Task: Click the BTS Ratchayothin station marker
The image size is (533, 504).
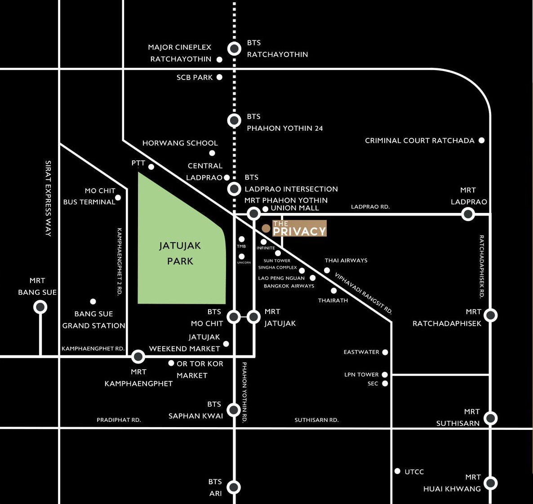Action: pyautogui.click(x=234, y=49)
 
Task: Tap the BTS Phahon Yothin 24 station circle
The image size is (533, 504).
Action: pyautogui.click(x=234, y=120)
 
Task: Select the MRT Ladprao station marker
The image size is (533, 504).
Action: pyautogui.click(x=468, y=214)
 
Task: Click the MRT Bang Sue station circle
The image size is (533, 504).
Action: pyautogui.click(x=40, y=307)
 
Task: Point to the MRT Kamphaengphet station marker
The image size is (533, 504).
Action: pyautogui.click(x=138, y=357)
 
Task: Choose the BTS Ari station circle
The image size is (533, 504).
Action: pyautogui.click(x=234, y=487)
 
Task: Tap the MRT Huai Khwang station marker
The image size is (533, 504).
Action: pyautogui.click(x=490, y=483)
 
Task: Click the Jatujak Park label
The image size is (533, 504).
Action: pyautogui.click(x=180, y=253)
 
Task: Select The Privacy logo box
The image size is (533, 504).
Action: pyautogui.click(x=299, y=228)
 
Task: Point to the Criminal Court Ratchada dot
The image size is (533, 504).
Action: pyautogui.click(x=481, y=140)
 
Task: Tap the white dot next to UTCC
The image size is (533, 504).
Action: pyautogui.click(x=397, y=471)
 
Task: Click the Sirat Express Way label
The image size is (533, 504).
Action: pyautogui.click(x=48, y=199)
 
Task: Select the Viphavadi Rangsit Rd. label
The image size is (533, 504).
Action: pyautogui.click(x=364, y=293)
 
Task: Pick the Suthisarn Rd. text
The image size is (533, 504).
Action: pyautogui.click(x=316, y=420)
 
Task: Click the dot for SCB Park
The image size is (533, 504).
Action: pyautogui.click(x=220, y=77)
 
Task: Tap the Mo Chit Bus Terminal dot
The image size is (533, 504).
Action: pyautogui.click(x=118, y=198)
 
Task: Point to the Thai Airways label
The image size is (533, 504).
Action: pyautogui.click(x=346, y=261)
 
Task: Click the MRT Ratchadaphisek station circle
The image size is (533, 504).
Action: pyautogui.click(x=490, y=315)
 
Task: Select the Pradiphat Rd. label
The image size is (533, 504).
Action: pyautogui.click(x=119, y=420)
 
